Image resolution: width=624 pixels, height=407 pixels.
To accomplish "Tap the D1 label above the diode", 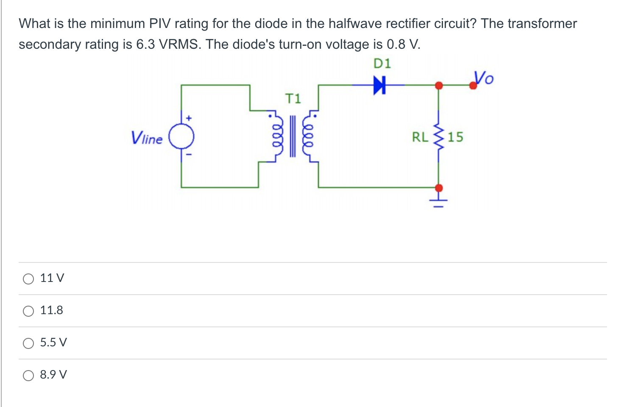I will point(382,64).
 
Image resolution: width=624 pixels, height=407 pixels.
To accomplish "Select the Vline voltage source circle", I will point(181,137).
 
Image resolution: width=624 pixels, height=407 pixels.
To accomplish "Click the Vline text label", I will point(147,138).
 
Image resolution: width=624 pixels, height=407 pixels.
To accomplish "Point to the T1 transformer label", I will point(293,99).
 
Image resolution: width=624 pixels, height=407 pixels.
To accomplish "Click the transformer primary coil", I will point(276,136).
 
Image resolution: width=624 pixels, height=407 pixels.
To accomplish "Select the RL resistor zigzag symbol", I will point(439,137).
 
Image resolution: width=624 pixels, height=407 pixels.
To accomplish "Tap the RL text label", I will point(420,137).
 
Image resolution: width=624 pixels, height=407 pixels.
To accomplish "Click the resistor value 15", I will point(456,137).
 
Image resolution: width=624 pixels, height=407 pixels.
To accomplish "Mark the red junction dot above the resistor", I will point(439,85).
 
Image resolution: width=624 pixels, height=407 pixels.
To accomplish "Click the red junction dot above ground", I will point(439,187).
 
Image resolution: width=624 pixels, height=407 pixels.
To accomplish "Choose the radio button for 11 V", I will point(28,279).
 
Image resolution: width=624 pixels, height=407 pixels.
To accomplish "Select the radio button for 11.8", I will point(28,311).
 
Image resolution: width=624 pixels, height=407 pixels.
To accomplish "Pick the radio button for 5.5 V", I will point(28,343).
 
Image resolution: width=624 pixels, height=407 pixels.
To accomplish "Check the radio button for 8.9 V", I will point(28,375).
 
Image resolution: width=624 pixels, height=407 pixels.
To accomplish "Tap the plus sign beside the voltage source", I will point(189,117).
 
